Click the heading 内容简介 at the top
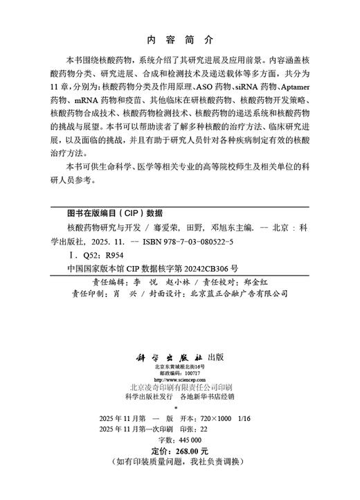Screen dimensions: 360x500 tap(179, 39)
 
